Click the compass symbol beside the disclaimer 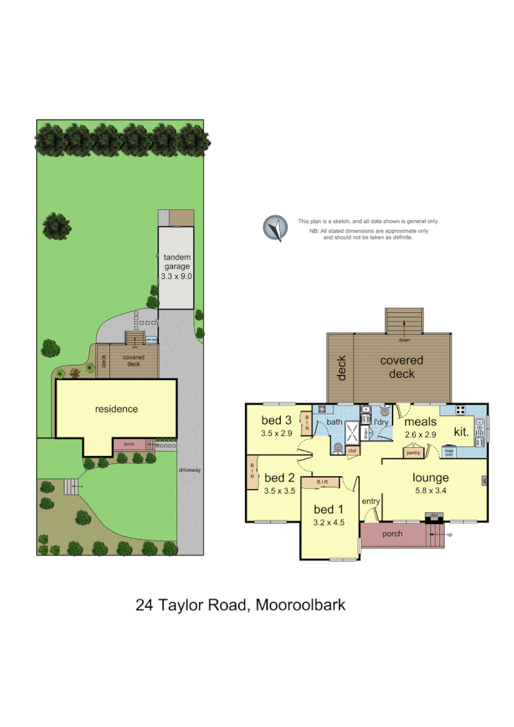pyautogui.click(x=276, y=228)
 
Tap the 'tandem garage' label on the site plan pyautogui.click(x=176, y=261)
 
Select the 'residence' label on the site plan pyautogui.click(x=116, y=409)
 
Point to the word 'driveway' pyautogui.click(x=189, y=470)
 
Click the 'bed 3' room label pyautogui.click(x=277, y=420)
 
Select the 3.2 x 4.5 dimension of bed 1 pyautogui.click(x=328, y=523)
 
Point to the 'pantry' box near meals pyautogui.click(x=413, y=452)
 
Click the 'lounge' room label pyautogui.click(x=431, y=478)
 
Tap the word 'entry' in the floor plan pyautogui.click(x=371, y=501)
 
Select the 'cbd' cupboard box pyautogui.click(x=352, y=451)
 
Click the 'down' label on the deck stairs pyautogui.click(x=405, y=339)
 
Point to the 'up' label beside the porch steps pyautogui.click(x=450, y=534)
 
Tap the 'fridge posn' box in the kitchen pyautogui.click(x=449, y=453)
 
